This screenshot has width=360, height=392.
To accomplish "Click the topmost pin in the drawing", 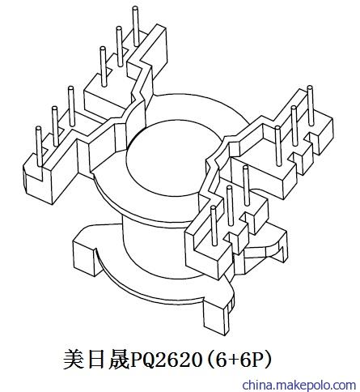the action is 136,26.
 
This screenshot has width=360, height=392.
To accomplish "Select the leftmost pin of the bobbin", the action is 39,147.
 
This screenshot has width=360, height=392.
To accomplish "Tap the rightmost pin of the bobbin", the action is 311,106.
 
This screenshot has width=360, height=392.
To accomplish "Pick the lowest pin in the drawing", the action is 214,226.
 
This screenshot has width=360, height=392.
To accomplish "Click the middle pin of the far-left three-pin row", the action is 55,126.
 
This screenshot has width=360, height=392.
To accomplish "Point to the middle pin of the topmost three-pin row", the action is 119,46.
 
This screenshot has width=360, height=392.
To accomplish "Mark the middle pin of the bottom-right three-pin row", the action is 230,206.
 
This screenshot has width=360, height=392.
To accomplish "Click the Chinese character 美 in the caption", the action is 74,360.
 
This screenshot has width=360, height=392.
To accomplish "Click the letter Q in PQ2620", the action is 148,360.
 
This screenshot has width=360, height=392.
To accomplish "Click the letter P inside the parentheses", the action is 259,360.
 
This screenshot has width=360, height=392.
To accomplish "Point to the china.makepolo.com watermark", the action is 299,385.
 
